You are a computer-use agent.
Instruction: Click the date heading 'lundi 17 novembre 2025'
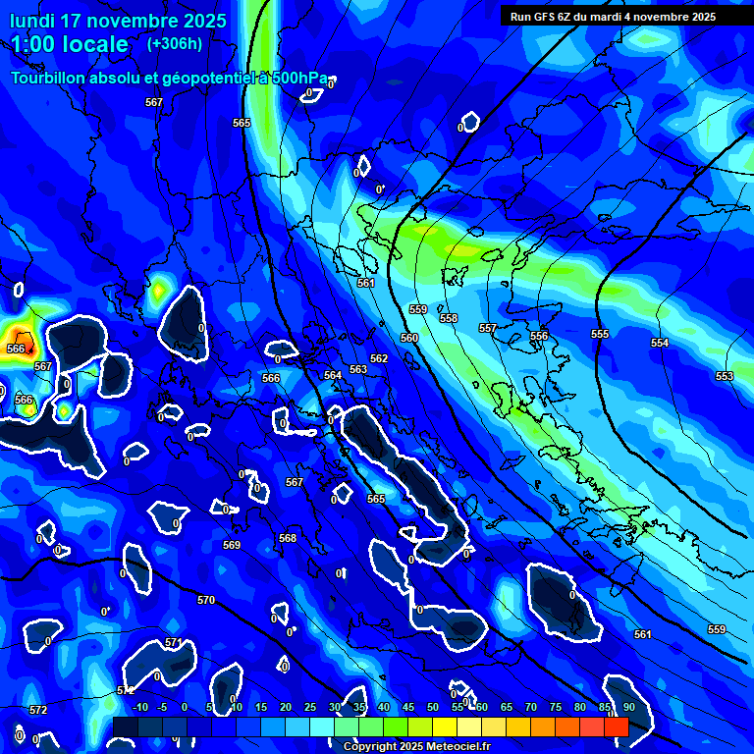pos(118,21)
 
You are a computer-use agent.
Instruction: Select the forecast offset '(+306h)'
pos(175,44)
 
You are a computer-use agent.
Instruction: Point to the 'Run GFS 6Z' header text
pos(542,17)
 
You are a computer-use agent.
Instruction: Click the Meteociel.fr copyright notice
pos(416,746)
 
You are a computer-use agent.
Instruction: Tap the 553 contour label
pos(725,376)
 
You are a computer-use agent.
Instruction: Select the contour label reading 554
pos(660,343)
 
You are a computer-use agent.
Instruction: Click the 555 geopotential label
pos(600,334)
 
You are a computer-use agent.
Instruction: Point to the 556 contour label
pos(539,336)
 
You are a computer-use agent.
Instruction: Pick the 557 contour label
pos(487,328)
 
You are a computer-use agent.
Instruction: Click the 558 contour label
pos(449,318)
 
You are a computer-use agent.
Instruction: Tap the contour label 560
pos(409,338)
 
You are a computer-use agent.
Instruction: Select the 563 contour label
pos(358,369)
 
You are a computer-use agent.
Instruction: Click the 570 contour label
pos(205,600)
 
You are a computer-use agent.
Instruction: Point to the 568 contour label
pos(288,538)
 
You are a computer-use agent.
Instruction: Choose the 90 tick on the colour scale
pos(628,707)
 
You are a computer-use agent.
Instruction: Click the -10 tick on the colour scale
pos(139,707)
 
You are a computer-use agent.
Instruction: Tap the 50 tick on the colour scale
pos(433,707)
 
